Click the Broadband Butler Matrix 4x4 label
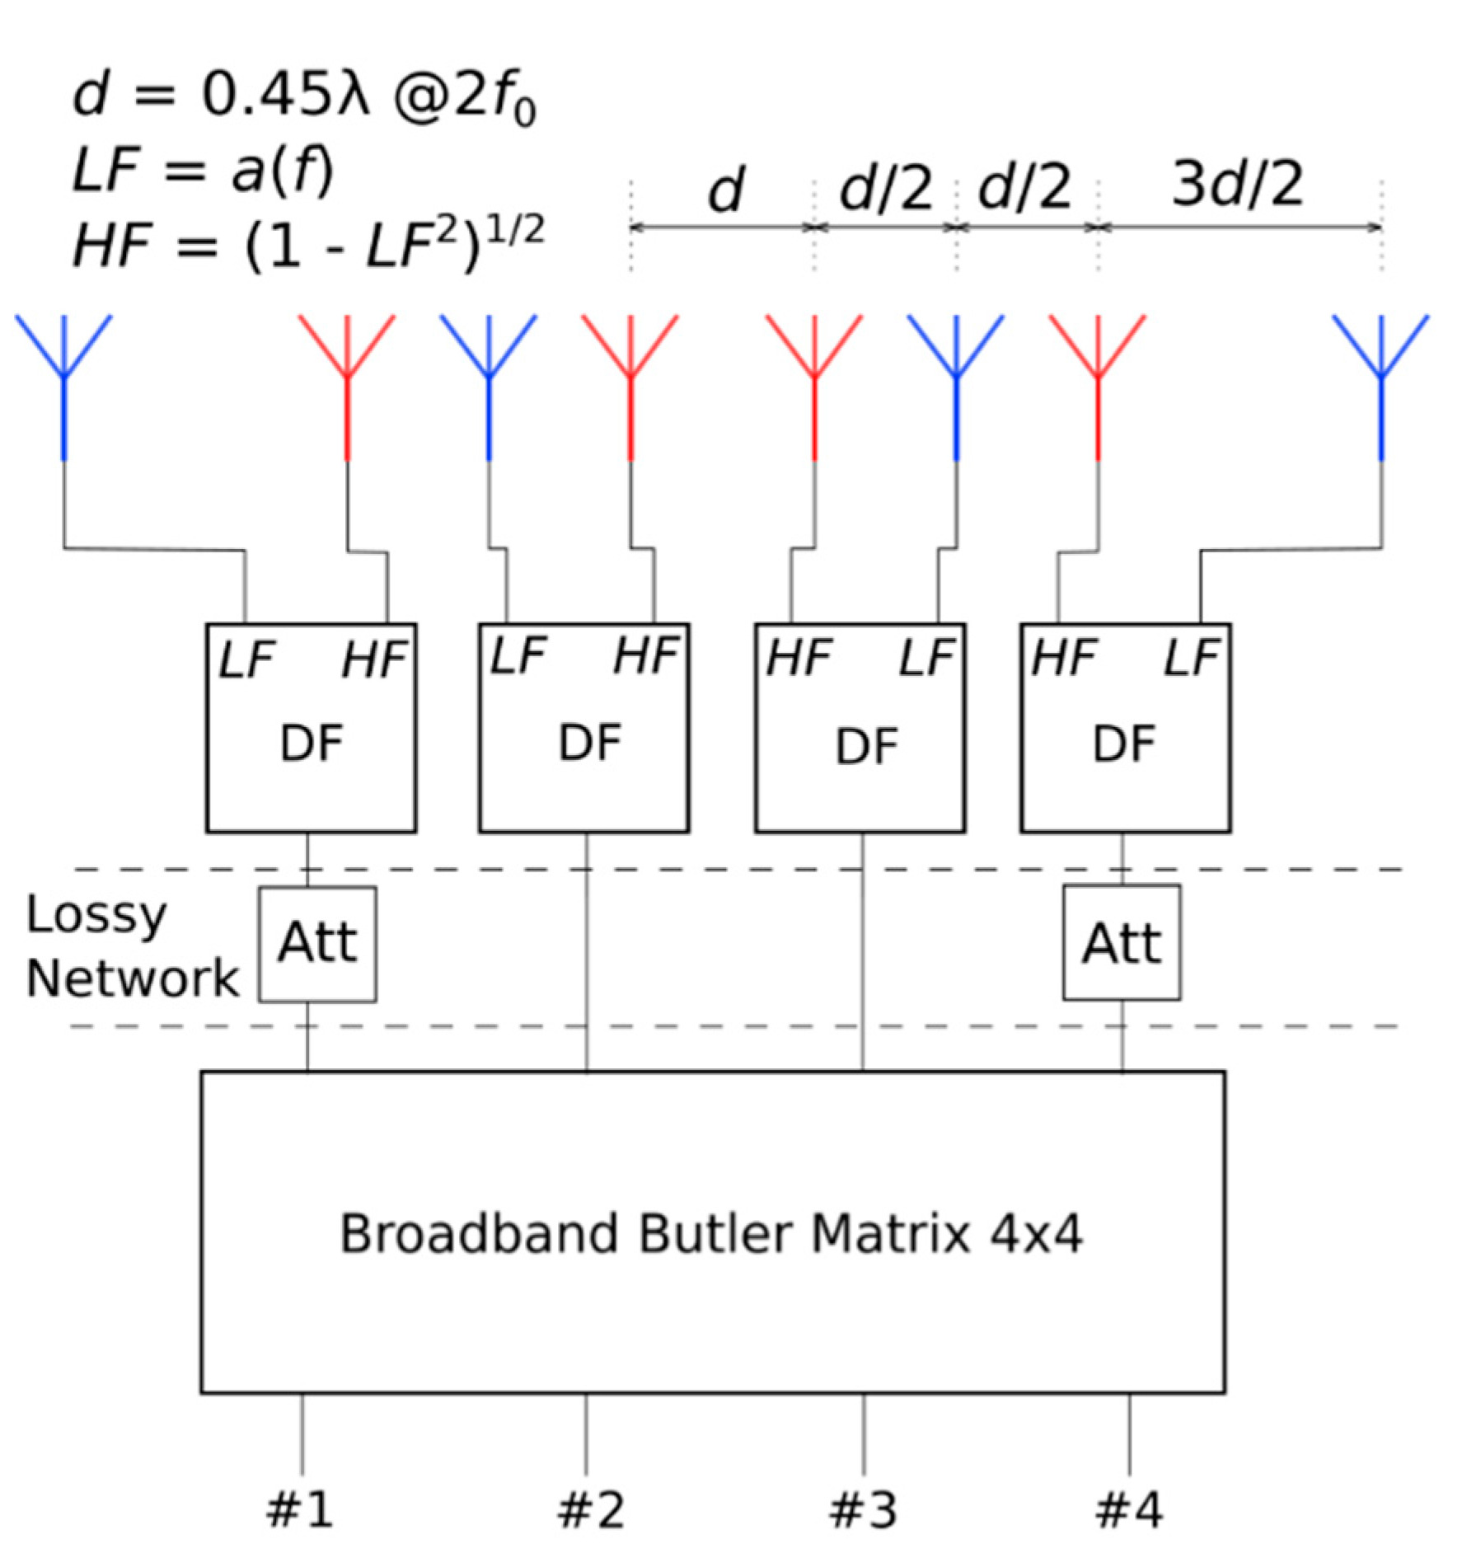(710, 1234)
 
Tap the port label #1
(300, 1510)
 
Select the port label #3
(863, 1510)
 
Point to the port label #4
(1129, 1510)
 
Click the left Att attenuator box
(317, 944)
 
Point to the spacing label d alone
(725, 190)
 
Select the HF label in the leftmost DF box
(375, 660)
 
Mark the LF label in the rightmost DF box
(1190, 658)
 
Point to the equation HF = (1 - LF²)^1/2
(309, 244)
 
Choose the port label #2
(591, 1510)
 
